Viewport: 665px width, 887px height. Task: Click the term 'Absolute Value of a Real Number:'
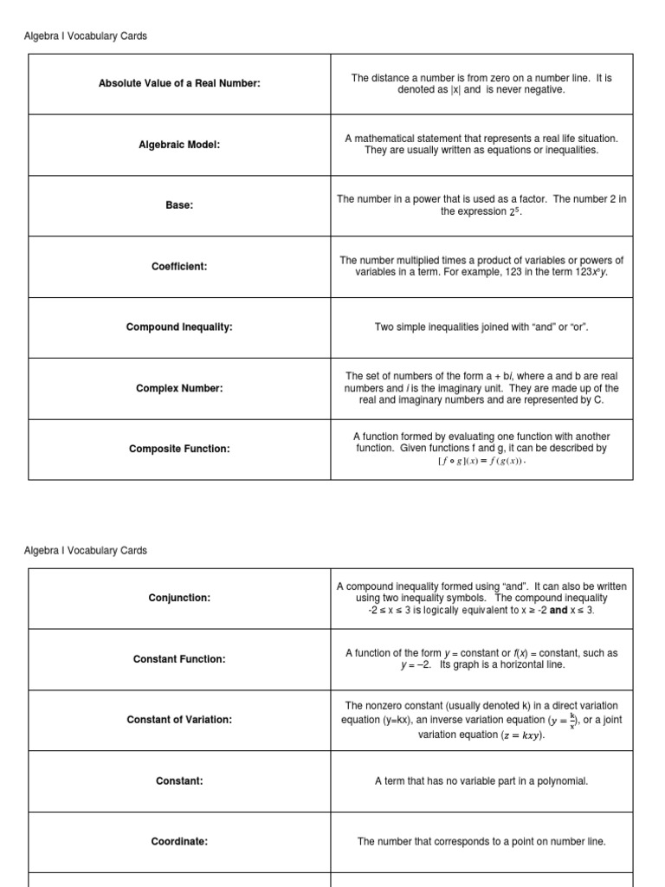coord(179,84)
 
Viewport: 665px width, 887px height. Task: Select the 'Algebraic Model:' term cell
coord(179,145)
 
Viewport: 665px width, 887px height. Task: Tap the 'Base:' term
coord(179,205)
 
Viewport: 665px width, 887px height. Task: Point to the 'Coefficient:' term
coord(179,267)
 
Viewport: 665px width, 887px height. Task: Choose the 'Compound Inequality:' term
coord(179,327)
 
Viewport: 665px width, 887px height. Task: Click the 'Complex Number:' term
coord(179,388)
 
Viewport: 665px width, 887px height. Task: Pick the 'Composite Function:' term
coord(179,449)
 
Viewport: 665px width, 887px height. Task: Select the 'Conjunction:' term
coord(179,598)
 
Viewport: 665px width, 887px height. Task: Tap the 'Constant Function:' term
coord(179,659)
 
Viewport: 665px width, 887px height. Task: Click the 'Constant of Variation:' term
coord(179,720)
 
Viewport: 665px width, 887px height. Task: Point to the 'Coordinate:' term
coord(179,841)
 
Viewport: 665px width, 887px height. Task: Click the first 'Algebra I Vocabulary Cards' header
coord(85,36)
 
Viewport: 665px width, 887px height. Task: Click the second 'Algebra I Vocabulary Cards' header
coord(85,551)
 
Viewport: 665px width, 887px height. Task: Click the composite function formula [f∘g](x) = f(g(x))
coord(481,462)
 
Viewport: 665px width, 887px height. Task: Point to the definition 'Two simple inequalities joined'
coord(481,327)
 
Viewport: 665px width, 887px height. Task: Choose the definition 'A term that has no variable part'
coord(481,780)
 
